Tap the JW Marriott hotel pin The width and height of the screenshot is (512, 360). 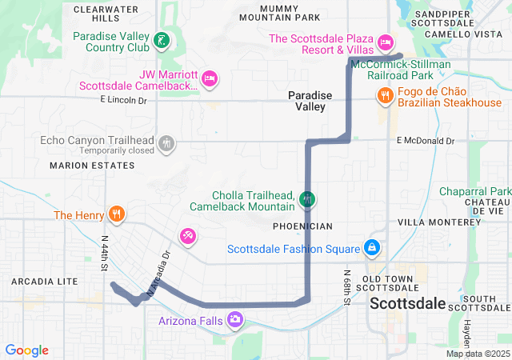tap(209, 78)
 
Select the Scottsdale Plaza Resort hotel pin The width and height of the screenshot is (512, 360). tap(385, 42)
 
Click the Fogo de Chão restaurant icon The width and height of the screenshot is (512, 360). tap(385, 96)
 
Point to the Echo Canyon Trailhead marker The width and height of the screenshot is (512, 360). tap(166, 144)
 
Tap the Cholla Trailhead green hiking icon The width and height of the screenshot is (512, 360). tap(308, 198)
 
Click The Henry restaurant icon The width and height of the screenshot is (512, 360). tap(118, 214)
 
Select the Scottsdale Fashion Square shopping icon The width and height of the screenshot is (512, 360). tap(371, 248)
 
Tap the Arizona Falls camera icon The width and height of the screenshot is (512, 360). tap(235, 320)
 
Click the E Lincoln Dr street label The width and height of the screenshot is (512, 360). tap(124, 100)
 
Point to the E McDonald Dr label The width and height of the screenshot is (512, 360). tap(426, 141)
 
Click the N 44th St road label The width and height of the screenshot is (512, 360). tap(103, 253)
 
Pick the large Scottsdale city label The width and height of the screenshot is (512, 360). tap(407, 304)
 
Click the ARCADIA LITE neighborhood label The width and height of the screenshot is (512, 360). tap(45, 282)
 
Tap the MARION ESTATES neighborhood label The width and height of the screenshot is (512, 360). tap(92, 165)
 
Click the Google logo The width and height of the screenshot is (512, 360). tap(27, 350)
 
